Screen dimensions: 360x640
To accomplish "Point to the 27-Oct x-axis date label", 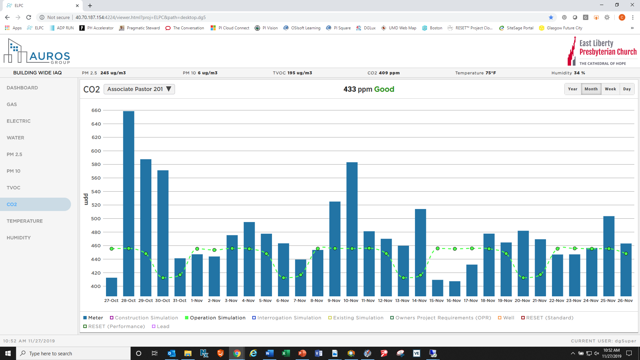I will [x=111, y=301].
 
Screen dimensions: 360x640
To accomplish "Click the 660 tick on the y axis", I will [x=96, y=110].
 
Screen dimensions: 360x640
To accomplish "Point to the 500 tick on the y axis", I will [x=96, y=219].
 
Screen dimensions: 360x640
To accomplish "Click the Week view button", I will [x=610, y=89].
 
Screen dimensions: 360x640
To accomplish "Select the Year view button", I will [x=573, y=89].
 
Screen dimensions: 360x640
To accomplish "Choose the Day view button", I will [x=627, y=89].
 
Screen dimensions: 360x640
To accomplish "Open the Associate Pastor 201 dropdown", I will [x=139, y=89].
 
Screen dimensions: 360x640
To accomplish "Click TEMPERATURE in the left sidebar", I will [x=25, y=221].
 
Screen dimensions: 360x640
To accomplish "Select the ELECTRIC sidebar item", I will [x=19, y=121].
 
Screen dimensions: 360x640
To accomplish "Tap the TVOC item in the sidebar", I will [x=14, y=188].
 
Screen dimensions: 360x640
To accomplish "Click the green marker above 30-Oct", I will [x=163, y=278].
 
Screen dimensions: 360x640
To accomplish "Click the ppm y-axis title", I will [x=86, y=199].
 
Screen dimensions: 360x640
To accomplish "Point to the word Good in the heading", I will [x=384, y=89].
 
